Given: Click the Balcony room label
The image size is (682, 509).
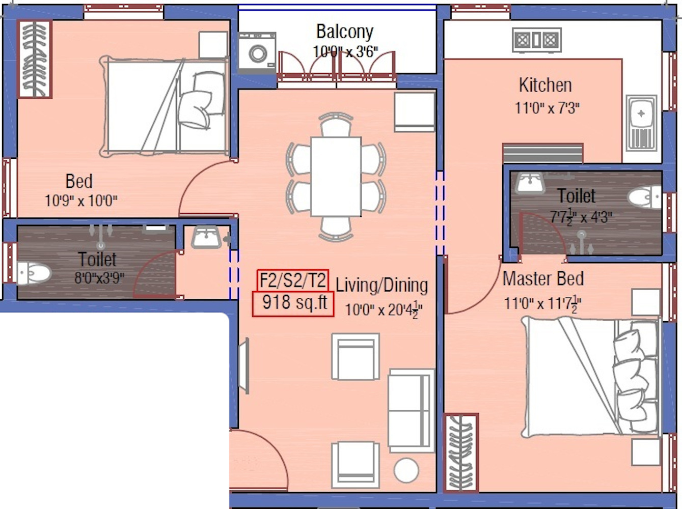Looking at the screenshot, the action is point(345,32).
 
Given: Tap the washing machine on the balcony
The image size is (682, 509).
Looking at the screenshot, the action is point(257,53).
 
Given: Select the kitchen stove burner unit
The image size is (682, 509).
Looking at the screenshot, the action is point(537,40).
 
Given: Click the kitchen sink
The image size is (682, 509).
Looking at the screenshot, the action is point(641,123).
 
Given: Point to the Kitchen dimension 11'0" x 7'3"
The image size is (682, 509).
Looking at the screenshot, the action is point(547,108).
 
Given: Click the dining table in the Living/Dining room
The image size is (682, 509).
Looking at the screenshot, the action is point(336,176).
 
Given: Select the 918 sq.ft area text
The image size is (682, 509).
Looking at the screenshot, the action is point(294,302).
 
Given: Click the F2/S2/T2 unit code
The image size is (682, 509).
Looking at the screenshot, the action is point(293,280).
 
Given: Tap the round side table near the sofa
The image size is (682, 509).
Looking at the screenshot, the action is point(406,470).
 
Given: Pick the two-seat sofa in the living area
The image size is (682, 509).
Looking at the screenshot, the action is point(411,411).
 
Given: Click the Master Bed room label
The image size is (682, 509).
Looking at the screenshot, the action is point(543,278).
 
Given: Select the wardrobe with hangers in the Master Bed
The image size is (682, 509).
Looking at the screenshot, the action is point(460,453).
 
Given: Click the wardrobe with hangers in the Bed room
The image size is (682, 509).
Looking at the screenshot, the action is point(35,59).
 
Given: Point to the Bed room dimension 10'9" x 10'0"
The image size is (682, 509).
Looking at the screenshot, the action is point(81,201).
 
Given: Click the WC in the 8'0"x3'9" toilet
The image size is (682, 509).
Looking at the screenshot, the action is point(33,273).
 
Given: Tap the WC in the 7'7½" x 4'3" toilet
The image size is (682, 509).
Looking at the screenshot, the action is point(645,197).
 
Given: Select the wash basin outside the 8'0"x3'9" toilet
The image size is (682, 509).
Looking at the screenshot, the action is point(206,237).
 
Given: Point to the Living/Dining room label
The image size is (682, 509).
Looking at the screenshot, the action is point(382,285).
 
